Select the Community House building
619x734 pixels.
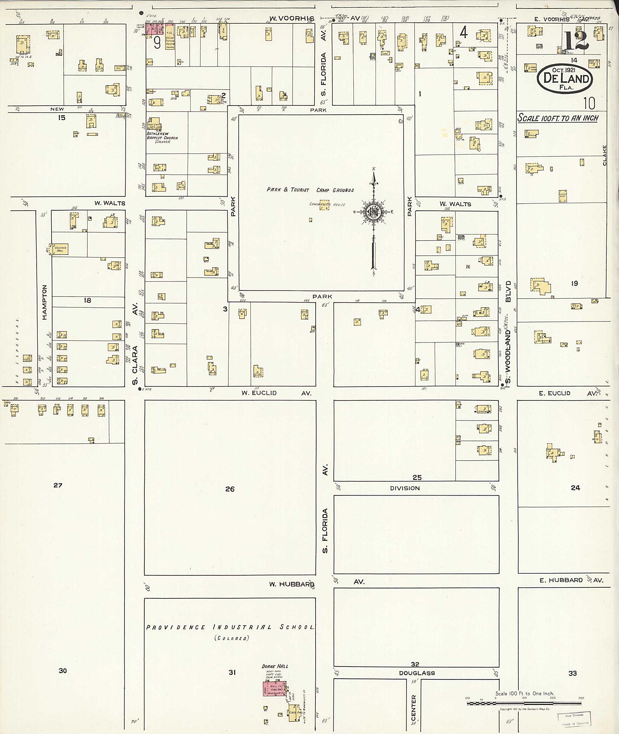pyautogui.click(x=324, y=205)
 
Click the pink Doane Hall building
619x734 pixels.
pyautogui.click(x=274, y=689)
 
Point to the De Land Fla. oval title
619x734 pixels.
pyautogui.click(x=565, y=79)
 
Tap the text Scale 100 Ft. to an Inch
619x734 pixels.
pyautogui.click(x=558, y=118)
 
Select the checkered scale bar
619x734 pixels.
pyautogui.click(x=524, y=703)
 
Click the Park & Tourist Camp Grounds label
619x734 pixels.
pyautogui.click(x=310, y=190)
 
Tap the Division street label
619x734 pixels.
pyautogui.click(x=405, y=488)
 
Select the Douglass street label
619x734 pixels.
pyautogui.click(x=417, y=673)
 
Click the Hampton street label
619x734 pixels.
pyautogui.click(x=44, y=302)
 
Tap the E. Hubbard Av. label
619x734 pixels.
pyautogui.click(x=571, y=580)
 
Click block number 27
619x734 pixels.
pyautogui.click(x=58, y=485)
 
